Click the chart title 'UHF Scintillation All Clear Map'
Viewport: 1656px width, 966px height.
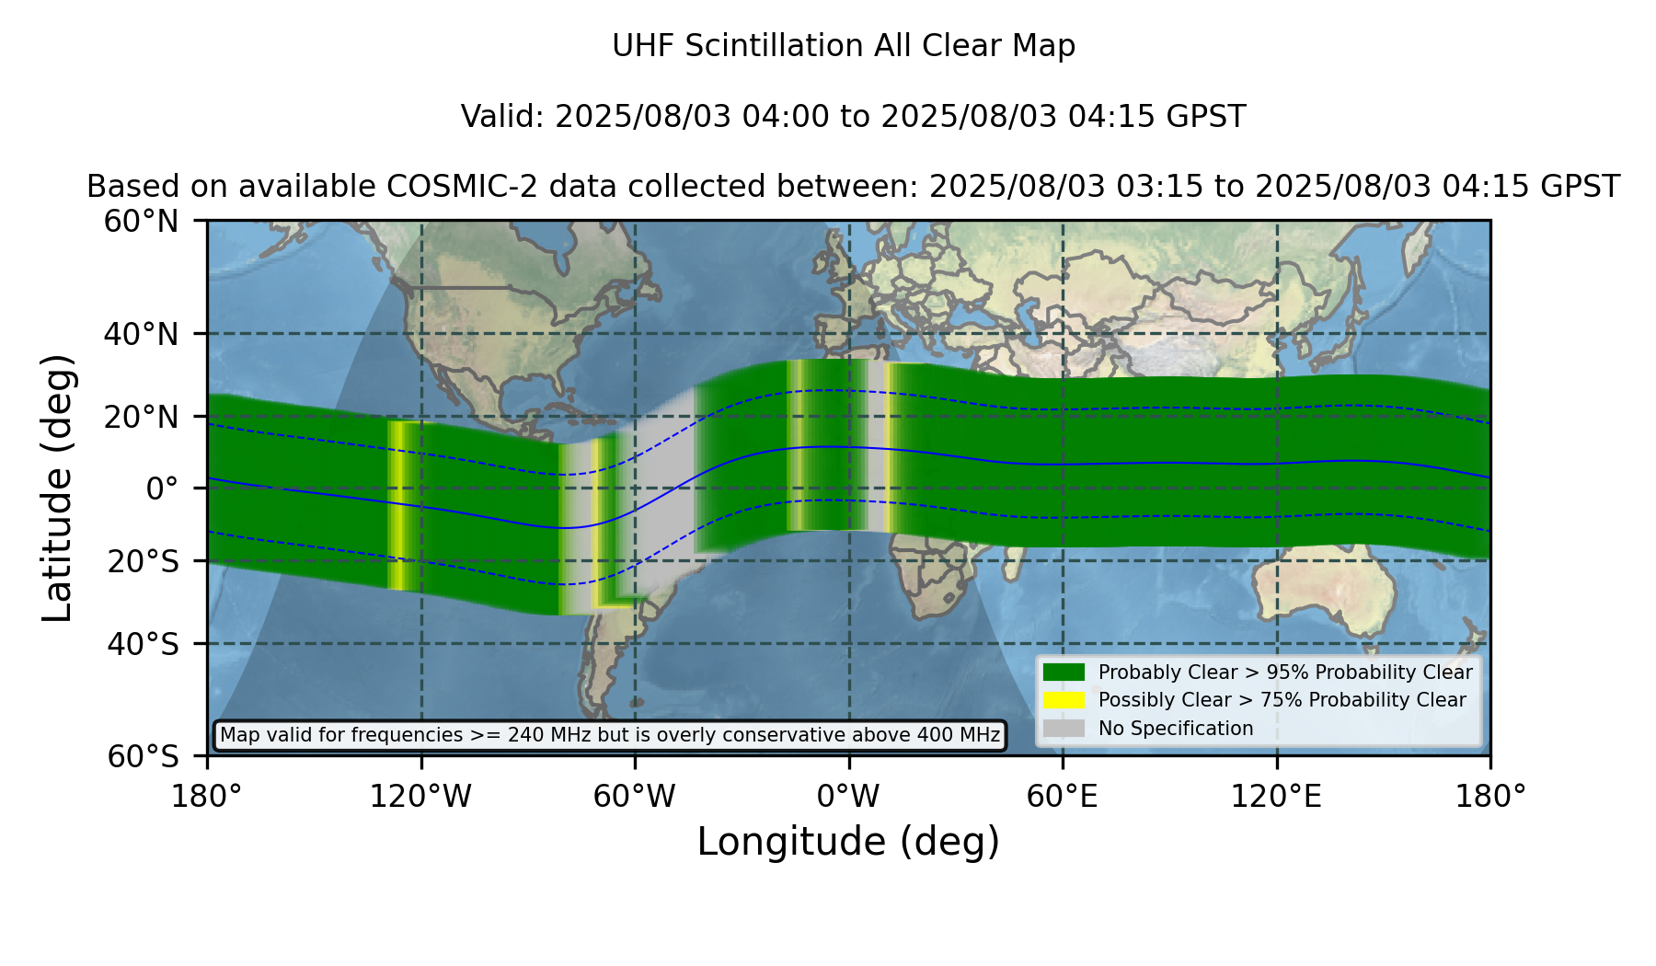tap(844, 46)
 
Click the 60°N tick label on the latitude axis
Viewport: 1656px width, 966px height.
tap(142, 221)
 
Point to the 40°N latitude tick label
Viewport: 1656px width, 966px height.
tap(142, 334)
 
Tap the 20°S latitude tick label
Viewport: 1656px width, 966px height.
tap(144, 561)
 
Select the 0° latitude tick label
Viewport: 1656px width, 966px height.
tap(163, 488)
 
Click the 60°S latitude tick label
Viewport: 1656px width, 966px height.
tap(144, 756)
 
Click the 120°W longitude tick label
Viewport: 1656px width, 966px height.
tap(420, 796)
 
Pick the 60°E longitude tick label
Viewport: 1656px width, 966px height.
tap(1063, 796)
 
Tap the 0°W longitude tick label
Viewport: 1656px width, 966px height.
tap(848, 796)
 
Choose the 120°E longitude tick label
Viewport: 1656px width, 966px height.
tap(1277, 796)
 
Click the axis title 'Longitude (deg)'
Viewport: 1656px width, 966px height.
tap(848, 842)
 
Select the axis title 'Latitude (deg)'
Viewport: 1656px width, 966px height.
tap(58, 488)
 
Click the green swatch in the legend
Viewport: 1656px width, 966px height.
tap(1064, 672)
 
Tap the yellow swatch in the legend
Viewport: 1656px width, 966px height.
tap(1064, 700)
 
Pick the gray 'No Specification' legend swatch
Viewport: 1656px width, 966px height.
tap(1064, 729)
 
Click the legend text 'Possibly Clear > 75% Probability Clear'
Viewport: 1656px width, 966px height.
tap(1282, 700)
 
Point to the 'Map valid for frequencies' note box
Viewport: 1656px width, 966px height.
tap(610, 735)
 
